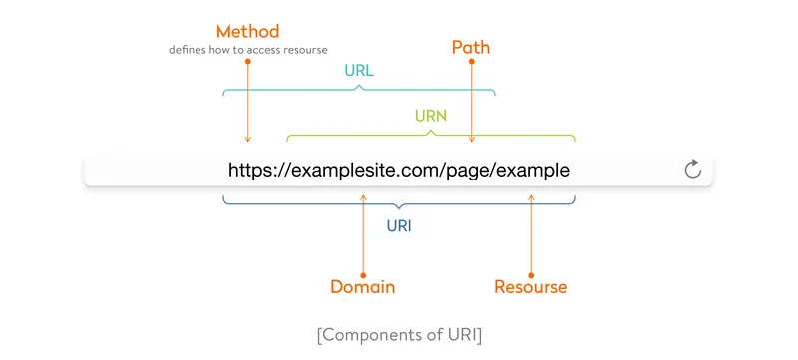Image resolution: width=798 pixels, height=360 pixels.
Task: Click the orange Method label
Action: (247, 33)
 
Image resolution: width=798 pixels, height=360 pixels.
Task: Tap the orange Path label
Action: (471, 47)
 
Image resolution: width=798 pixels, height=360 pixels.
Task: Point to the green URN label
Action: (430, 116)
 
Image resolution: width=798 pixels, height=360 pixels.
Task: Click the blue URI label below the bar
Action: (399, 225)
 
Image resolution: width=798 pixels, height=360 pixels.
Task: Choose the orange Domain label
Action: (363, 287)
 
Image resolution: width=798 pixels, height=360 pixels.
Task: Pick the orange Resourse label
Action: (531, 287)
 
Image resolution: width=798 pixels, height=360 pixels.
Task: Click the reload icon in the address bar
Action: (693, 170)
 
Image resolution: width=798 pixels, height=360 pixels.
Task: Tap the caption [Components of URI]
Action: (399, 335)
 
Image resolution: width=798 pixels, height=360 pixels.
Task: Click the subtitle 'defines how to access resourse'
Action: (247, 50)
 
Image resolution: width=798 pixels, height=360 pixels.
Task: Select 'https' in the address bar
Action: (250, 170)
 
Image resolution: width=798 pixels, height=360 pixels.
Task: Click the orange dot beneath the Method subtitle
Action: (247, 61)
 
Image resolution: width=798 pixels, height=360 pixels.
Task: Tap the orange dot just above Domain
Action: (363, 271)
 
